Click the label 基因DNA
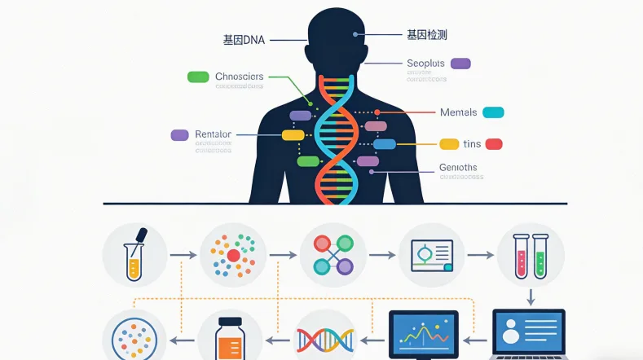pyautogui.click(x=245, y=38)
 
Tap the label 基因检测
pyautogui.click(x=426, y=35)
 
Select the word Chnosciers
pyautogui.click(x=240, y=77)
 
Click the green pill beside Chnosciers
pyautogui.click(x=198, y=77)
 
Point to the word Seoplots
pyautogui.click(x=426, y=64)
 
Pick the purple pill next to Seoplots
pyautogui.click(x=460, y=64)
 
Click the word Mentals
pyautogui.click(x=458, y=112)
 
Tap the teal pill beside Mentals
pyautogui.click(x=493, y=112)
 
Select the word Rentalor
pyautogui.click(x=214, y=134)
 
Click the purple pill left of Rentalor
pyautogui.click(x=179, y=134)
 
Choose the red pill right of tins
pyautogui.click(x=494, y=144)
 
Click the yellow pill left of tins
pyautogui.click(x=449, y=144)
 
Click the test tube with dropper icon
pyautogui.click(x=135, y=254)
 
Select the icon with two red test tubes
pyautogui.click(x=530, y=254)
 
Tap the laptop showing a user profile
pyautogui.click(x=529, y=334)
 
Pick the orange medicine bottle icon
pyautogui.click(x=230, y=339)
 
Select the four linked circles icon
pyautogui.click(x=333, y=254)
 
